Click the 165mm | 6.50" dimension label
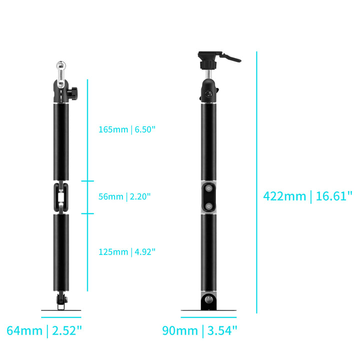point(127,129)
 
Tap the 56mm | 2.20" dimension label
point(124,196)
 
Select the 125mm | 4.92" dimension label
point(127,252)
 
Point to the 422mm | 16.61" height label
point(307,196)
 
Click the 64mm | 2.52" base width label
point(44,331)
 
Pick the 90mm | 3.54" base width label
point(199,331)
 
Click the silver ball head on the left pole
point(61,66)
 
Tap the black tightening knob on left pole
point(73,93)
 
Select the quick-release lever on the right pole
point(230,57)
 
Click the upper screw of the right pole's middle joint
point(208,188)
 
